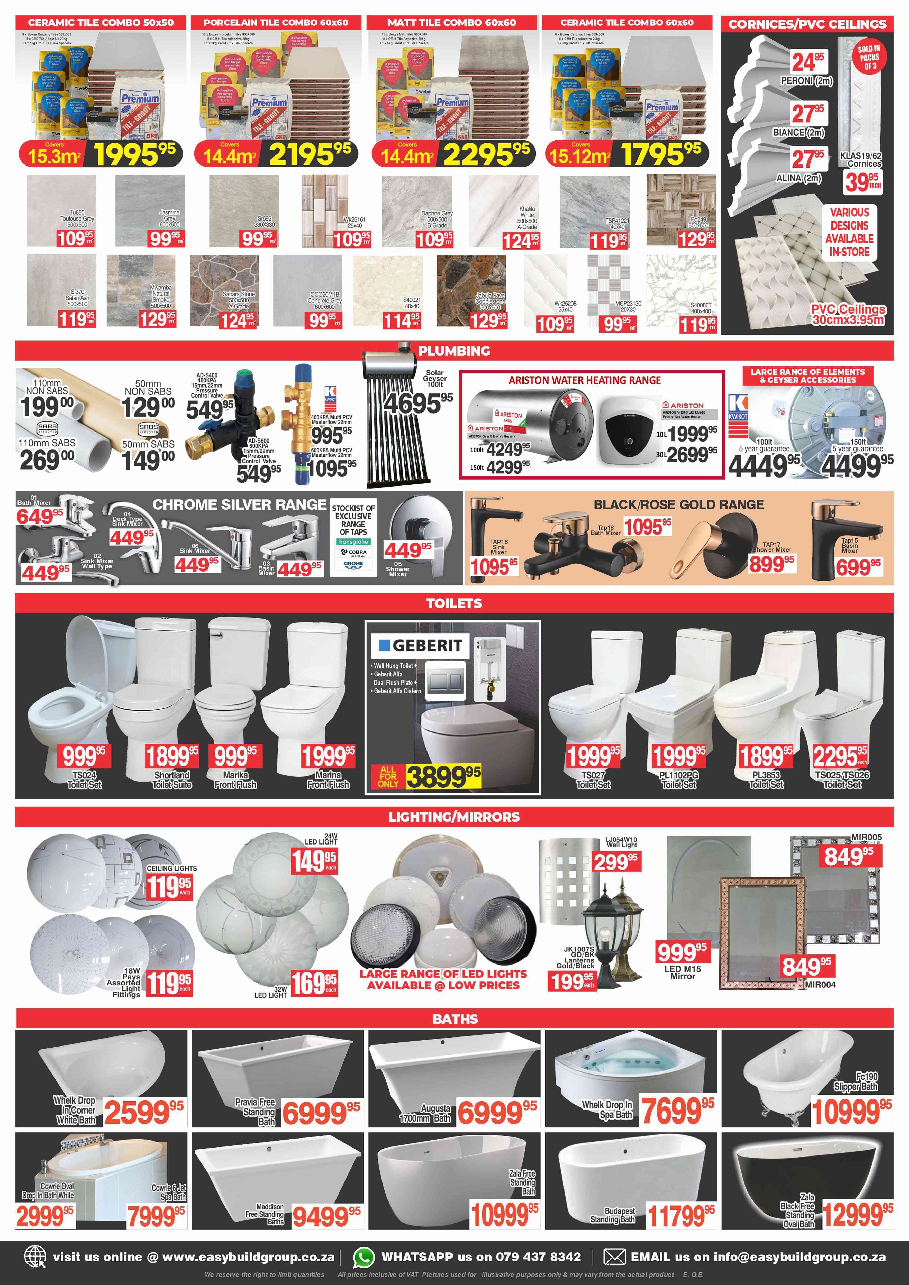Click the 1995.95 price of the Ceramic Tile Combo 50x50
click(134, 154)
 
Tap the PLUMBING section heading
click(454, 351)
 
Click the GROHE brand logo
click(353, 564)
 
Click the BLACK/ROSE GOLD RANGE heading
click(678, 505)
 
